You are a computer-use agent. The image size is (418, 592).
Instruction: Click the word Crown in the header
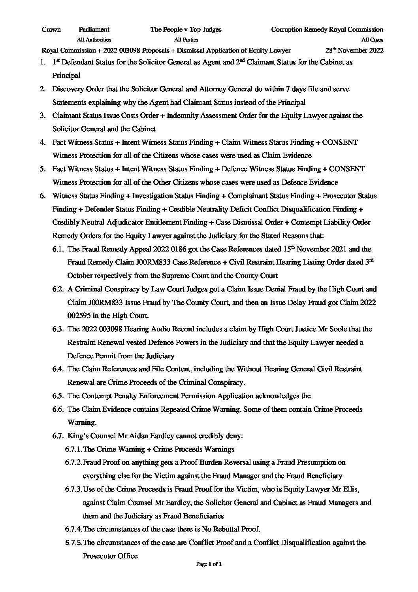point(51,29)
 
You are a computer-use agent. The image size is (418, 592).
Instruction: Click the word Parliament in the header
point(94,29)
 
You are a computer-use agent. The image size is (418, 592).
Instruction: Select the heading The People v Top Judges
point(186,29)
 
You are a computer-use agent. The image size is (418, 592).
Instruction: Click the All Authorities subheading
point(94,40)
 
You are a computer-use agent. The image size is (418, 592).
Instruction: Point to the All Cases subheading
point(372,40)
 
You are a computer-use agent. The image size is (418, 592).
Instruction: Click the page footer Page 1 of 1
point(209,575)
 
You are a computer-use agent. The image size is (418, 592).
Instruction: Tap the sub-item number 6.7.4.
point(73,529)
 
